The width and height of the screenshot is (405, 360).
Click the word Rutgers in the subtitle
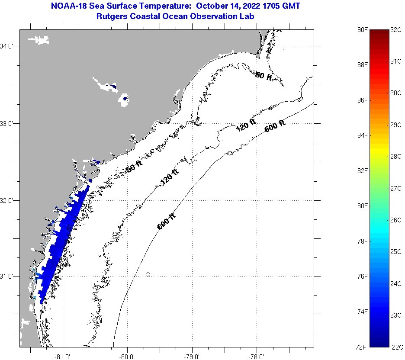[x=111, y=16]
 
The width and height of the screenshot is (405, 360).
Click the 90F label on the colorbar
[x=363, y=30]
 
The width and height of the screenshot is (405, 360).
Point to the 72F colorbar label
[x=363, y=347]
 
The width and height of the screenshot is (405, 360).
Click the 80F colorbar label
[x=363, y=206]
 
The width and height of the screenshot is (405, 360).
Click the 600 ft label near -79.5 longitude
[x=166, y=221]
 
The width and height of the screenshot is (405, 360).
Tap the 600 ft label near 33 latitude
[x=275, y=126]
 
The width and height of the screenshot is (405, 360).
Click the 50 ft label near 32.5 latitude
[x=133, y=167]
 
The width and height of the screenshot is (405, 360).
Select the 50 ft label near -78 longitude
[x=264, y=76]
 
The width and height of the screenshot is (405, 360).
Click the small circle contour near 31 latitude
[x=148, y=274]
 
